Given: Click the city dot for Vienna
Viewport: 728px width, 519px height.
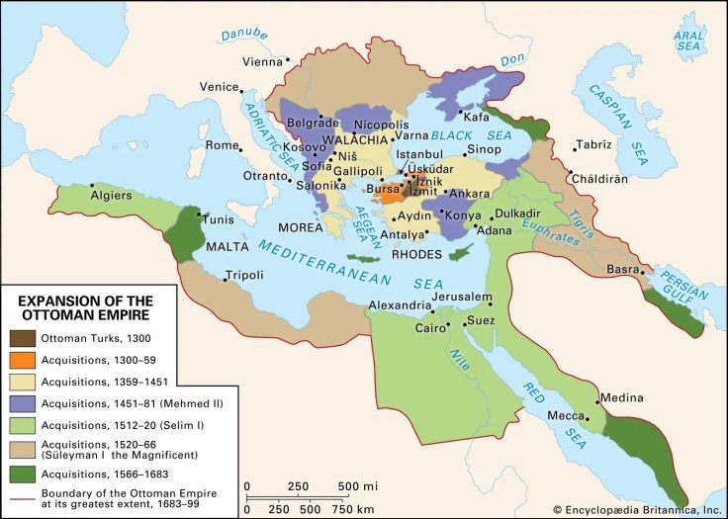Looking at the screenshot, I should [286, 61].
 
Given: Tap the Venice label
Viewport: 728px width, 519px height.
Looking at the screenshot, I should [220, 86].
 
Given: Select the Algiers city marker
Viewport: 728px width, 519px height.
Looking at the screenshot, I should [91, 184].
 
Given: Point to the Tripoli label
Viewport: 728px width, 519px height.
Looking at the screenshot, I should [244, 274].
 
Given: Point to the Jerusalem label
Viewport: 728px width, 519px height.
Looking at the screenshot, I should [455, 298].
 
